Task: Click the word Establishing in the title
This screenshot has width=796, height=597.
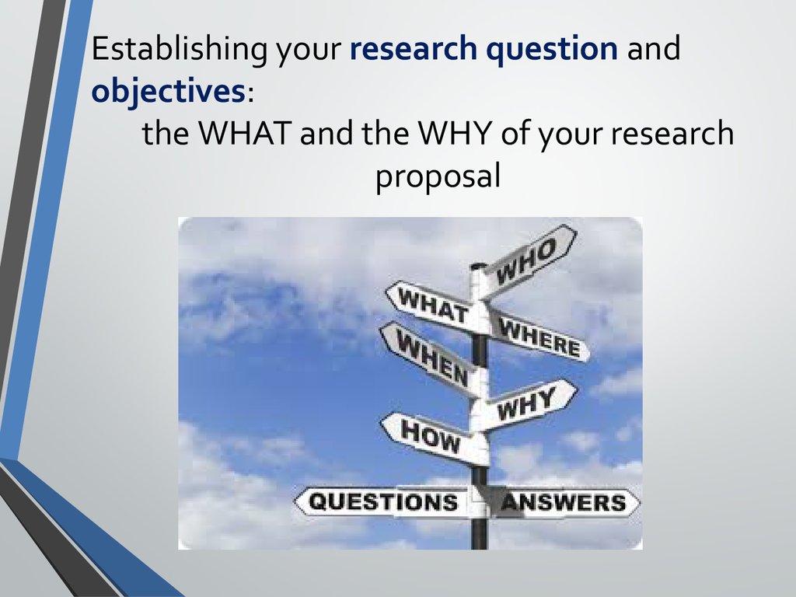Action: pyautogui.click(x=180, y=50)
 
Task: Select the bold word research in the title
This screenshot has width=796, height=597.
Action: pyautogui.click(x=414, y=48)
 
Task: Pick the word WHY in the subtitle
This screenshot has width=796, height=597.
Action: pyautogui.click(x=454, y=133)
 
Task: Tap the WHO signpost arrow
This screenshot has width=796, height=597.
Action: pyautogui.click(x=528, y=260)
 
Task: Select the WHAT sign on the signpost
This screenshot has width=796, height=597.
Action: pyautogui.click(x=432, y=305)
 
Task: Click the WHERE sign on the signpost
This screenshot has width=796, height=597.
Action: pyautogui.click(x=538, y=336)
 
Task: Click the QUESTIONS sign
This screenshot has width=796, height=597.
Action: pyautogui.click(x=384, y=502)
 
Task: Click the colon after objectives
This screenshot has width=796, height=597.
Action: pyautogui.click(x=250, y=94)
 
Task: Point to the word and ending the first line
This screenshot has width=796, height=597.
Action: pyautogui.click(x=653, y=49)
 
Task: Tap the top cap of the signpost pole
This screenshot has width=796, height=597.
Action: pyautogui.click(x=478, y=267)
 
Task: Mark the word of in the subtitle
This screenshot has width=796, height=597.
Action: pyautogui.click(x=516, y=132)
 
